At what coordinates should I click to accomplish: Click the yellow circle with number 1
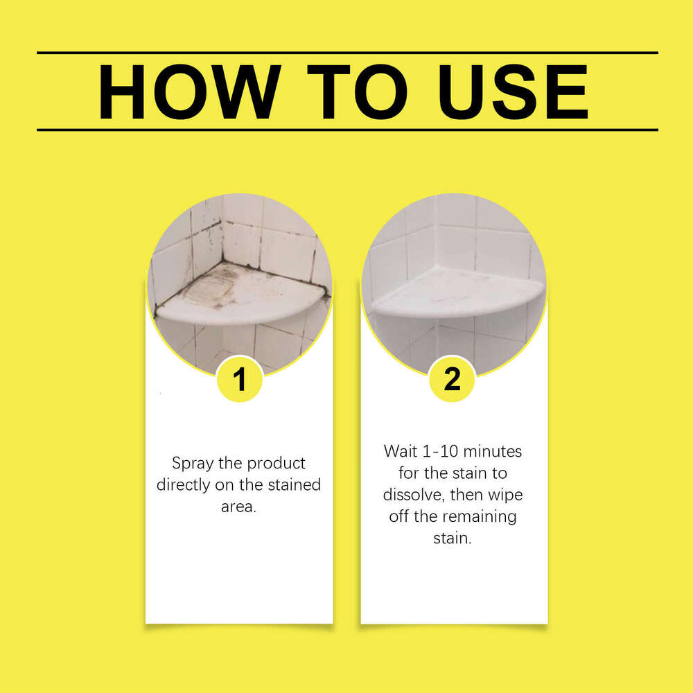coord(239,380)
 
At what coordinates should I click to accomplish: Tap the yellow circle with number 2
coord(452,379)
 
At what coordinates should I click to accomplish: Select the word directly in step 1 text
coord(184,484)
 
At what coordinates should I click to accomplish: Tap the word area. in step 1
coord(239,507)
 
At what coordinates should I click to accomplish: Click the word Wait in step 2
coord(400,451)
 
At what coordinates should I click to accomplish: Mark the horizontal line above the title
coord(346,53)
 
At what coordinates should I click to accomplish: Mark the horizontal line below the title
coord(346,130)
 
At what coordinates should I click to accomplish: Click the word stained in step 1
coord(294,484)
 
